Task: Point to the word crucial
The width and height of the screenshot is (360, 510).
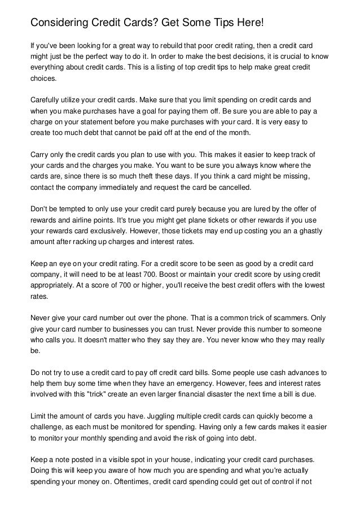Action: (x=294, y=56)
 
